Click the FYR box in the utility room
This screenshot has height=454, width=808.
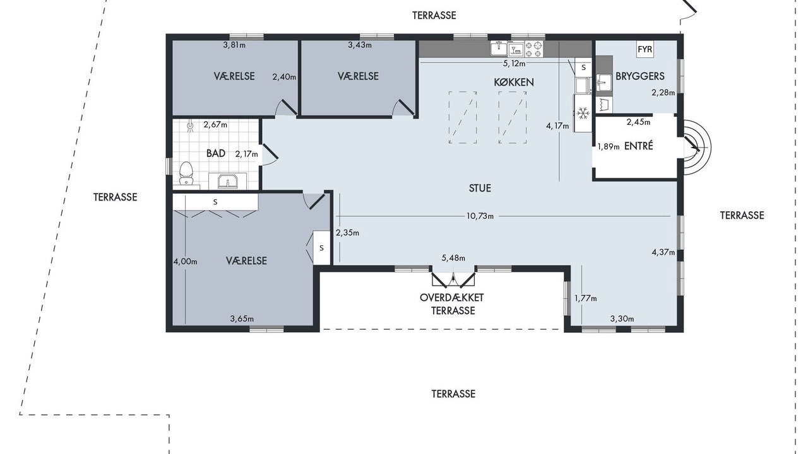(x=645, y=49)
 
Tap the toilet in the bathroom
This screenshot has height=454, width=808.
(x=186, y=173)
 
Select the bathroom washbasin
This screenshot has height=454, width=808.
(x=228, y=181)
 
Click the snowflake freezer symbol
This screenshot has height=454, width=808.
(x=583, y=113)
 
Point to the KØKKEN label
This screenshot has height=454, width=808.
(x=514, y=82)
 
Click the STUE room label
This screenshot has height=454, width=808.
(x=480, y=188)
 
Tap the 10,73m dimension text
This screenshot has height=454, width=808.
(x=480, y=216)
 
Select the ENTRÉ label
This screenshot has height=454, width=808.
(x=638, y=146)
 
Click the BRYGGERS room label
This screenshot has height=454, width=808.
(x=640, y=76)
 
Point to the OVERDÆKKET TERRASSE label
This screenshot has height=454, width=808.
(x=452, y=305)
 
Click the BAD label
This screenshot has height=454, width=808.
(x=216, y=153)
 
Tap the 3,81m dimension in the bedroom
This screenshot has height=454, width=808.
(x=234, y=45)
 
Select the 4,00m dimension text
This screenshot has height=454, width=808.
(x=186, y=262)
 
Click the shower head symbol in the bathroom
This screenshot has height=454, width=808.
(x=191, y=126)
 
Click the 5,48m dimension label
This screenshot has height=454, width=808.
(x=453, y=258)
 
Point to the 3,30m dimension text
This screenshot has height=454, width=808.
(x=622, y=319)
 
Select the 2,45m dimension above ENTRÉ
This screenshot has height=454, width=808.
(x=638, y=122)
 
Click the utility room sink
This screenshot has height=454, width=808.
(x=603, y=83)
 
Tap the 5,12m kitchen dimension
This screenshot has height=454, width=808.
(x=514, y=64)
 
